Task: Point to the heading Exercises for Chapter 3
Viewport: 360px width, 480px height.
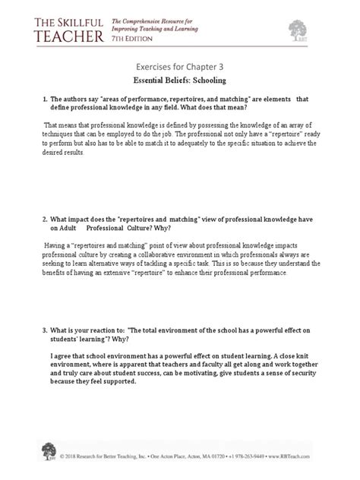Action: pyautogui.click(x=180, y=65)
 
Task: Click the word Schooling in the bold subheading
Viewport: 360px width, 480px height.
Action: pyautogui.click(x=204, y=80)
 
